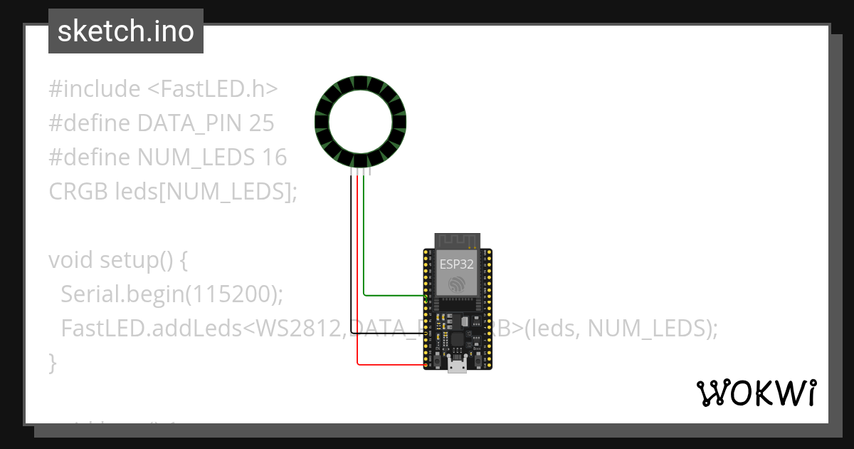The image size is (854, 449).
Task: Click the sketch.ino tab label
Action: [x=126, y=31]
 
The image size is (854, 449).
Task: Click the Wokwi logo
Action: [x=756, y=393]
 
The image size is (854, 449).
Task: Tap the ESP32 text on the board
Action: [x=456, y=263]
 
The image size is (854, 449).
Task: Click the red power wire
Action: [x=357, y=285]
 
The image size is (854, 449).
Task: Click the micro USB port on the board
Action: [x=456, y=368]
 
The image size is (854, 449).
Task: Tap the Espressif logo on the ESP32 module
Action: [x=456, y=284]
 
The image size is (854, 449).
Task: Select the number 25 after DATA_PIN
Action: [x=261, y=123]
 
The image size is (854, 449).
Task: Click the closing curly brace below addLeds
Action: [x=52, y=362]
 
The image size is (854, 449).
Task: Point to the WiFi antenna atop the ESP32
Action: [x=456, y=240]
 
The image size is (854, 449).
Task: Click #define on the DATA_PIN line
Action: [x=90, y=123]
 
